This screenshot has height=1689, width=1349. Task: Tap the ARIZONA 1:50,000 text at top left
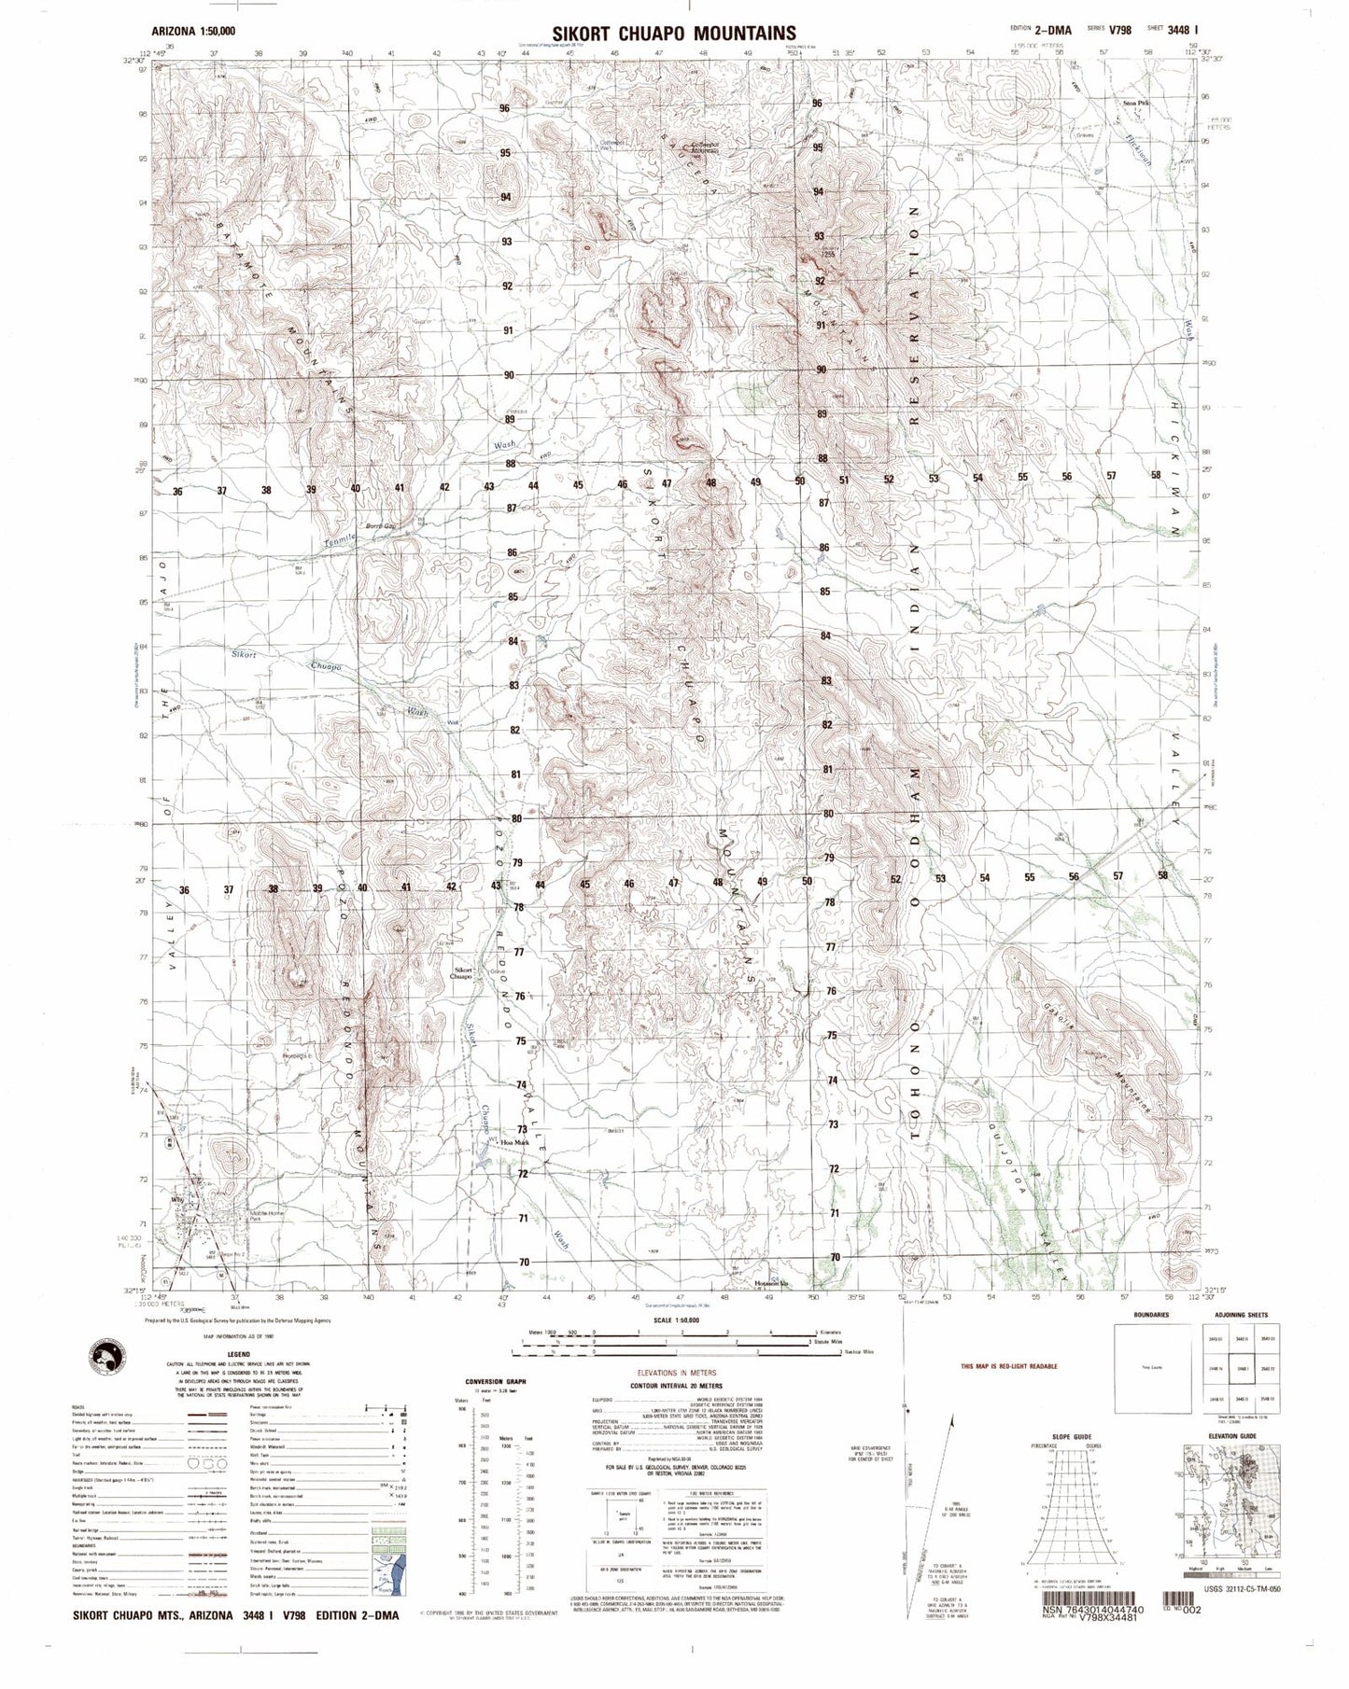tap(192, 31)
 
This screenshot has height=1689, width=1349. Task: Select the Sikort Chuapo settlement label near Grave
tap(463, 973)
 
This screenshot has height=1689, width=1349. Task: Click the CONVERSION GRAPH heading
tap(502, 1380)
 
